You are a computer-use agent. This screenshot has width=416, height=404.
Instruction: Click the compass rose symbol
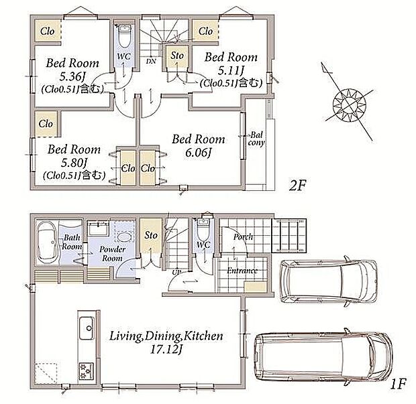click(x=350, y=105)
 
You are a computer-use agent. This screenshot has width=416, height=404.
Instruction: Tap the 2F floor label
click(x=297, y=186)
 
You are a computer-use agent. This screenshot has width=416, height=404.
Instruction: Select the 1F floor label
click(x=399, y=384)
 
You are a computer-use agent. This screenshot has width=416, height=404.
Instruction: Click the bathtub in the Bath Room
click(x=47, y=242)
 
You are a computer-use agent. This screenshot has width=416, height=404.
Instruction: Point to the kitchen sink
click(x=87, y=328)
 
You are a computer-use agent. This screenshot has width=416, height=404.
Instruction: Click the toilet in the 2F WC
click(x=123, y=37)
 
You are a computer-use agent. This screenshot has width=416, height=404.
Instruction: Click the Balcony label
click(x=256, y=139)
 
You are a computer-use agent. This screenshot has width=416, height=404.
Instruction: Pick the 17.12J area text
click(x=166, y=350)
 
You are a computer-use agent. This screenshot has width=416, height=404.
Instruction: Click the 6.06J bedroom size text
click(x=198, y=153)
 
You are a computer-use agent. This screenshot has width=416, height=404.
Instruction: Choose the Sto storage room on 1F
click(x=151, y=236)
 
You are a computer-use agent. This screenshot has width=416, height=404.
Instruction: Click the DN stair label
click(x=151, y=61)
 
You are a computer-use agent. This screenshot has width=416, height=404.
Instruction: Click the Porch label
click(x=243, y=237)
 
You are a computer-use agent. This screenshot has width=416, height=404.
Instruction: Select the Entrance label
click(x=242, y=271)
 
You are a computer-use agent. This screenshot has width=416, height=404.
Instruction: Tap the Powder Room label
click(x=113, y=254)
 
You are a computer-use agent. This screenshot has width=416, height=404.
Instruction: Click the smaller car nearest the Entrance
click(x=329, y=281)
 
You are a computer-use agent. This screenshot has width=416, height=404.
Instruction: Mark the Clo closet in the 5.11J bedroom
click(x=205, y=31)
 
